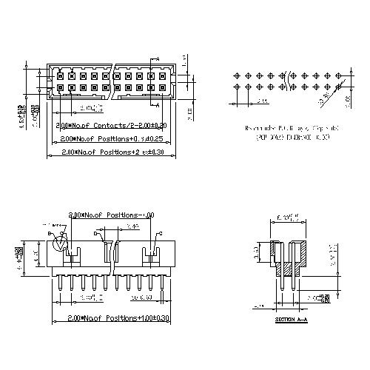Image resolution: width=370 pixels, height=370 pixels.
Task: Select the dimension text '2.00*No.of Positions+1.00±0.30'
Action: [112, 317]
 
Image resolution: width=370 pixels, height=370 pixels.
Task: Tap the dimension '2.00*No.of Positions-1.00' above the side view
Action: [111, 214]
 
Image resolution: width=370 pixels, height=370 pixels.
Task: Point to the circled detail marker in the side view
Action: [62, 240]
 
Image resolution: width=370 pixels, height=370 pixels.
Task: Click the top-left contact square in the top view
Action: [60, 75]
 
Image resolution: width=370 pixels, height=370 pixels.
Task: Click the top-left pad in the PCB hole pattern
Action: [235, 75]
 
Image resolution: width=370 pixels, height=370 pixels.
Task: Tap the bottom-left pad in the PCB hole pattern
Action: [235, 87]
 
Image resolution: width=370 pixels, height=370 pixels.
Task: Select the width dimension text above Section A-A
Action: [289, 218]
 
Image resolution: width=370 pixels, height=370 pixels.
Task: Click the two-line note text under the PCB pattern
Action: [292, 132]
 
